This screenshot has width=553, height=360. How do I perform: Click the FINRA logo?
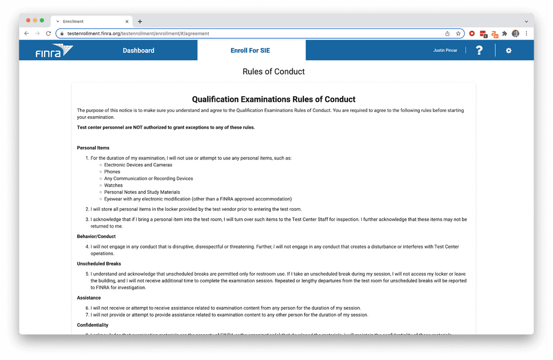[x=54, y=51]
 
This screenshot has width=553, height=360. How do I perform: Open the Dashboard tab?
[x=138, y=51]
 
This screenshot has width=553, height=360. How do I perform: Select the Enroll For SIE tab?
[x=250, y=51]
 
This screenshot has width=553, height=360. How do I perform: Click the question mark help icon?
[x=479, y=51]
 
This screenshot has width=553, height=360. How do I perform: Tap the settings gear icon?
[x=509, y=51]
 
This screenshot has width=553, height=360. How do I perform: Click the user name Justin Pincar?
[x=445, y=51]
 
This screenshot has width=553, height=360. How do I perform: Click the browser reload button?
[x=48, y=34]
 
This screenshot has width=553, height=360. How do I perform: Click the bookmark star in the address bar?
[x=458, y=34]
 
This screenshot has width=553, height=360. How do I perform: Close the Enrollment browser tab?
[x=127, y=22]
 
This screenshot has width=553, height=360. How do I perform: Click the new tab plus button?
[x=140, y=22]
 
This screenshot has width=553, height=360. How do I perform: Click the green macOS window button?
[x=42, y=21]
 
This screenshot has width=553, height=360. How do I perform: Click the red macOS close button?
[x=28, y=21]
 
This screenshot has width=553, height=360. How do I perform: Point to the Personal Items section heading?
[x=93, y=148]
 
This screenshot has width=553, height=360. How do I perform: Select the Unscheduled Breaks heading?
[x=99, y=264]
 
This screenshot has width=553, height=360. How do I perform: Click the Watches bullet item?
[x=113, y=185]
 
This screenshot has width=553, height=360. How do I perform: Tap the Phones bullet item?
[x=112, y=171]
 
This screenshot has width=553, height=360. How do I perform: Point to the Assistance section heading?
[x=89, y=298]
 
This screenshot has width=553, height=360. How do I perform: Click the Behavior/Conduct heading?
[x=96, y=236]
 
